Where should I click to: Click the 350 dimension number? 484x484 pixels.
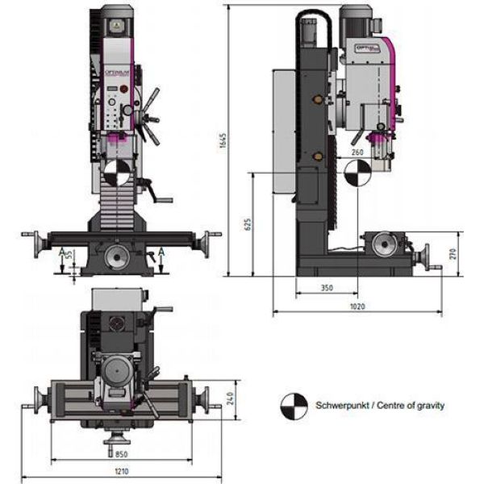point(326,287)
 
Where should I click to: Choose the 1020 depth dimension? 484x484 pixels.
point(357,307)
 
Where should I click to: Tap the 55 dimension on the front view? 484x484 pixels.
point(70,254)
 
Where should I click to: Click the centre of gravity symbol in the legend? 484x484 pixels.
point(294,406)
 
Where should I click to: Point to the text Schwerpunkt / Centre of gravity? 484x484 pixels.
point(380,406)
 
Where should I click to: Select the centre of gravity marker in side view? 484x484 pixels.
point(354,172)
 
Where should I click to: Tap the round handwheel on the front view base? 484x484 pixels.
point(117,259)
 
